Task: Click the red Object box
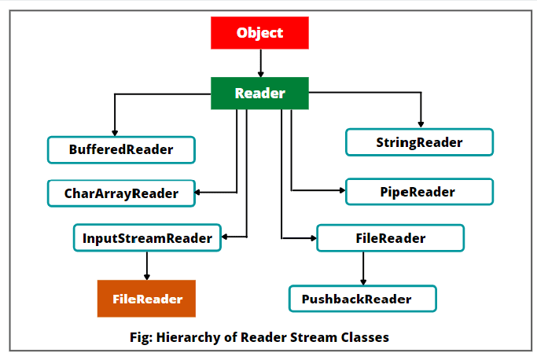259,33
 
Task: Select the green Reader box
259,94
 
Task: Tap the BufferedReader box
121,149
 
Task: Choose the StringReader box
419,142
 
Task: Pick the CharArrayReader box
121,192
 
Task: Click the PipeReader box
419,191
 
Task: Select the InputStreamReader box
147,237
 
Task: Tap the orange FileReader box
146,299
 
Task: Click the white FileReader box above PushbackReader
390,237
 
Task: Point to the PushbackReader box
362,299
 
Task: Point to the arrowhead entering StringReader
421,123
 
